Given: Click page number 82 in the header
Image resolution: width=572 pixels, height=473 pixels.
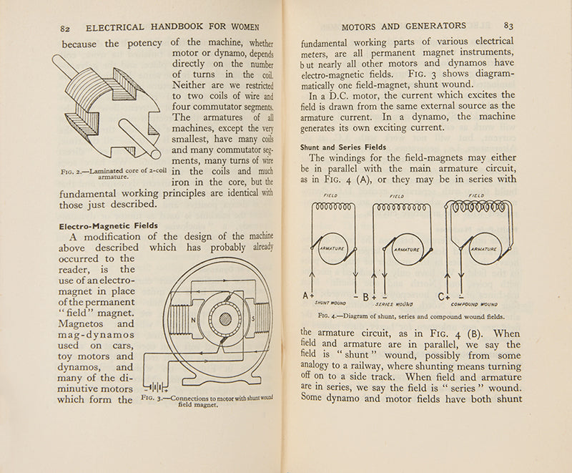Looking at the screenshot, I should (x=65, y=28).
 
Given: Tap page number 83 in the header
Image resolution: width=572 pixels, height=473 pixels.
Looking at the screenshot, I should (x=508, y=26).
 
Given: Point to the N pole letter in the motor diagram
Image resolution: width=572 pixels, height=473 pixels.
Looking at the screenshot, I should (x=194, y=321).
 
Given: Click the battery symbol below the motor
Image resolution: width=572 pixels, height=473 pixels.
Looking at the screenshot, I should (x=159, y=386).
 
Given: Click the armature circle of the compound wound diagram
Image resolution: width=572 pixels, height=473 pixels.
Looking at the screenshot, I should (x=484, y=249).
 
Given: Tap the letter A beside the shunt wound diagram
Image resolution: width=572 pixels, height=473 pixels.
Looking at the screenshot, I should (x=307, y=296).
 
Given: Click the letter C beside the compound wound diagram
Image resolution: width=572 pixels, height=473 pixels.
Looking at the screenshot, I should (x=443, y=296).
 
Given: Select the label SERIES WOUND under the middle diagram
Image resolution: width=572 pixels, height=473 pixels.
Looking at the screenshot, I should (x=394, y=304).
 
